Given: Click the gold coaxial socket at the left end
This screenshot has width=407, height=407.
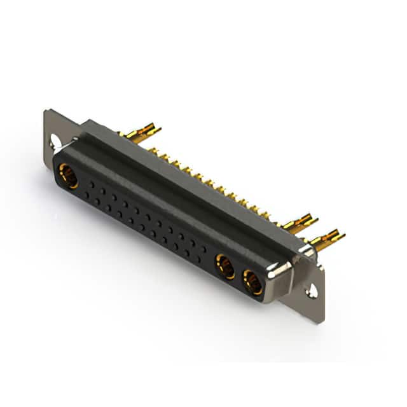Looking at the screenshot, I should (x=68, y=176).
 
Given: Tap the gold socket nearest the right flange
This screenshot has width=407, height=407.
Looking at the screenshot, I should (x=252, y=281).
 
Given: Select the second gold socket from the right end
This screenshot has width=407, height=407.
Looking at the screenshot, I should (x=225, y=266).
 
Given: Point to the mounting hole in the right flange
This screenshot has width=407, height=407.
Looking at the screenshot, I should (x=312, y=291).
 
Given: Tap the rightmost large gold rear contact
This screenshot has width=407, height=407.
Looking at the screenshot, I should (x=328, y=240).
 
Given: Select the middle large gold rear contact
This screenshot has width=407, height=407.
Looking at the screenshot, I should (x=301, y=223).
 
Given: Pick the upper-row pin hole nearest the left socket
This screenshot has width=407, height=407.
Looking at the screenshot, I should (x=92, y=184).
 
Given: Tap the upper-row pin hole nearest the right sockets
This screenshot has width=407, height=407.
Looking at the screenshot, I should (x=203, y=248).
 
